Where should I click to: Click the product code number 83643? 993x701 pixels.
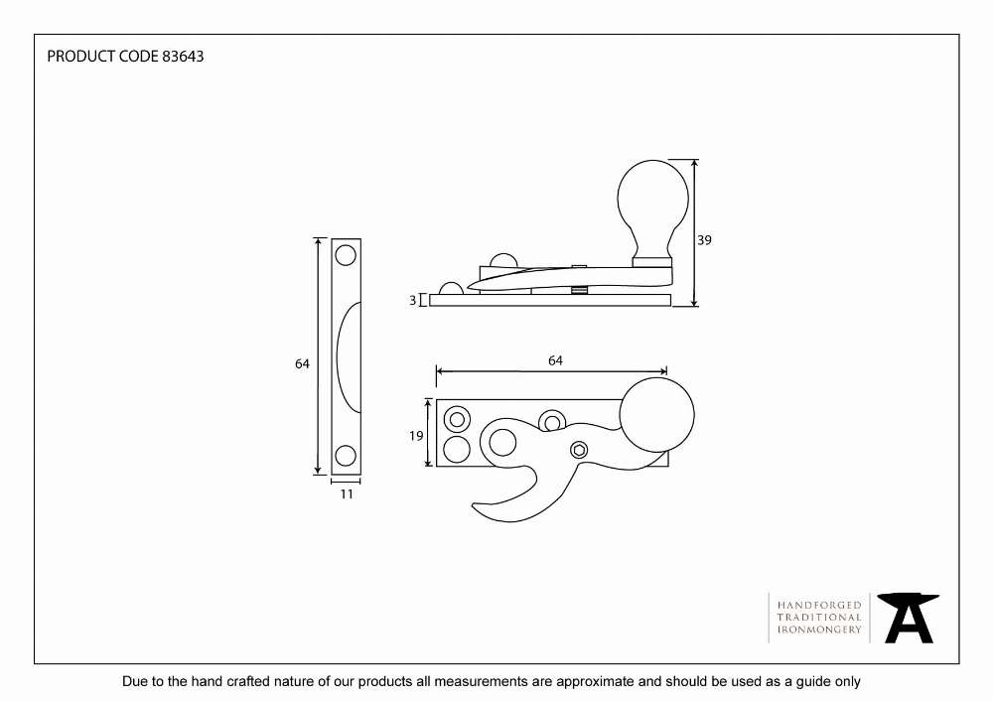tap(183, 57)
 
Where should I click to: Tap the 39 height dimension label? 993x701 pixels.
tap(704, 240)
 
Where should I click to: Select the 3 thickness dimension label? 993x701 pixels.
tap(413, 300)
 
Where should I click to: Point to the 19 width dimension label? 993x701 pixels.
tap(416, 436)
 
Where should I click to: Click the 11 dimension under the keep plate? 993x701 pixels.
tap(347, 493)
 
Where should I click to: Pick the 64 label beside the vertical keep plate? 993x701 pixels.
tap(302, 363)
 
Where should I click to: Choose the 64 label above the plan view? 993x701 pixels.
tap(555, 360)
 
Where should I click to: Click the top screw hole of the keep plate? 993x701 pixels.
tap(346, 256)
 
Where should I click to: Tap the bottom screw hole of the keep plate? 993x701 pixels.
tap(346, 456)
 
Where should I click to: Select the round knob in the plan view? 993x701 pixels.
tap(656, 415)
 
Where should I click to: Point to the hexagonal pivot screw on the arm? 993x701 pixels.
tap(579, 450)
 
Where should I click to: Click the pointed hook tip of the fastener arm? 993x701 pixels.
tap(475, 505)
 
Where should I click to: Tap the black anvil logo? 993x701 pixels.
tap(909, 618)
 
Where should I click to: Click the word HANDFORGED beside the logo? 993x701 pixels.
tap(819, 606)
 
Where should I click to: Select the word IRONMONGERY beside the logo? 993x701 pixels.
tap(819, 630)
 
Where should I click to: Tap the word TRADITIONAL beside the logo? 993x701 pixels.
tap(819, 618)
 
